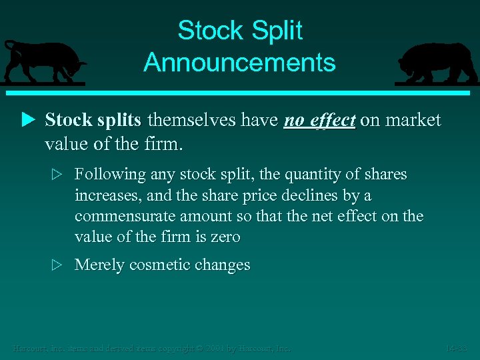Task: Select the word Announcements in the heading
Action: [x=239, y=63]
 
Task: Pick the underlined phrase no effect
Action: [x=319, y=120]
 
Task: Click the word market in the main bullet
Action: [x=410, y=120]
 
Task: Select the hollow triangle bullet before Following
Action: [x=57, y=175]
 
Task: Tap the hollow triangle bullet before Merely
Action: [x=57, y=265]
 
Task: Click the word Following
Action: [x=110, y=175]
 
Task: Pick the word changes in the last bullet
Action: [x=219, y=265]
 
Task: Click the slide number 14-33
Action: [x=457, y=348]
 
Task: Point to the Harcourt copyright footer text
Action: [x=151, y=348]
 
